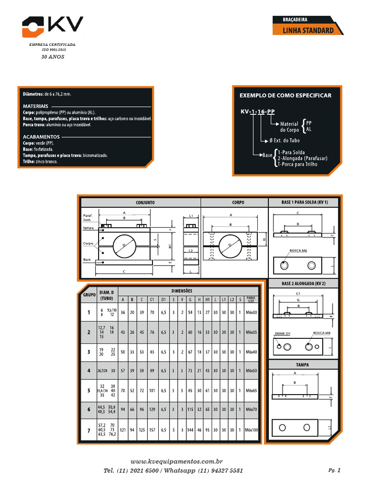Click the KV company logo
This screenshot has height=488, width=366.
(x=52, y=27)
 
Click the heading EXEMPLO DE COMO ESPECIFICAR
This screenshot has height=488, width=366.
(x=285, y=95)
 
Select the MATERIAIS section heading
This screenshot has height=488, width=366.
(x=36, y=106)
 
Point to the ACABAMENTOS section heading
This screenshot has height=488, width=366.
(x=41, y=136)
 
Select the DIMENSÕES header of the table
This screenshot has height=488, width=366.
(x=182, y=290)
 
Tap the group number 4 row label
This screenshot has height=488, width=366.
(x=88, y=370)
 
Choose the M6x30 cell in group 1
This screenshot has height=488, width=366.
(x=251, y=313)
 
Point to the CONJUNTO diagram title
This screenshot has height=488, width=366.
(x=145, y=203)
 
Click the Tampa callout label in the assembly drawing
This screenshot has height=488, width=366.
(x=88, y=228)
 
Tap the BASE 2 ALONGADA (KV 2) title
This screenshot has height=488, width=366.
(x=303, y=284)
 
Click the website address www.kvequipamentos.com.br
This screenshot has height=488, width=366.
(x=177, y=462)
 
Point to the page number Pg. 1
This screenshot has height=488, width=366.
(x=335, y=470)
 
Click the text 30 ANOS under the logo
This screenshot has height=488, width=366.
(x=53, y=56)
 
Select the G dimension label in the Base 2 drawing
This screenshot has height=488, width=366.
(x=298, y=300)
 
